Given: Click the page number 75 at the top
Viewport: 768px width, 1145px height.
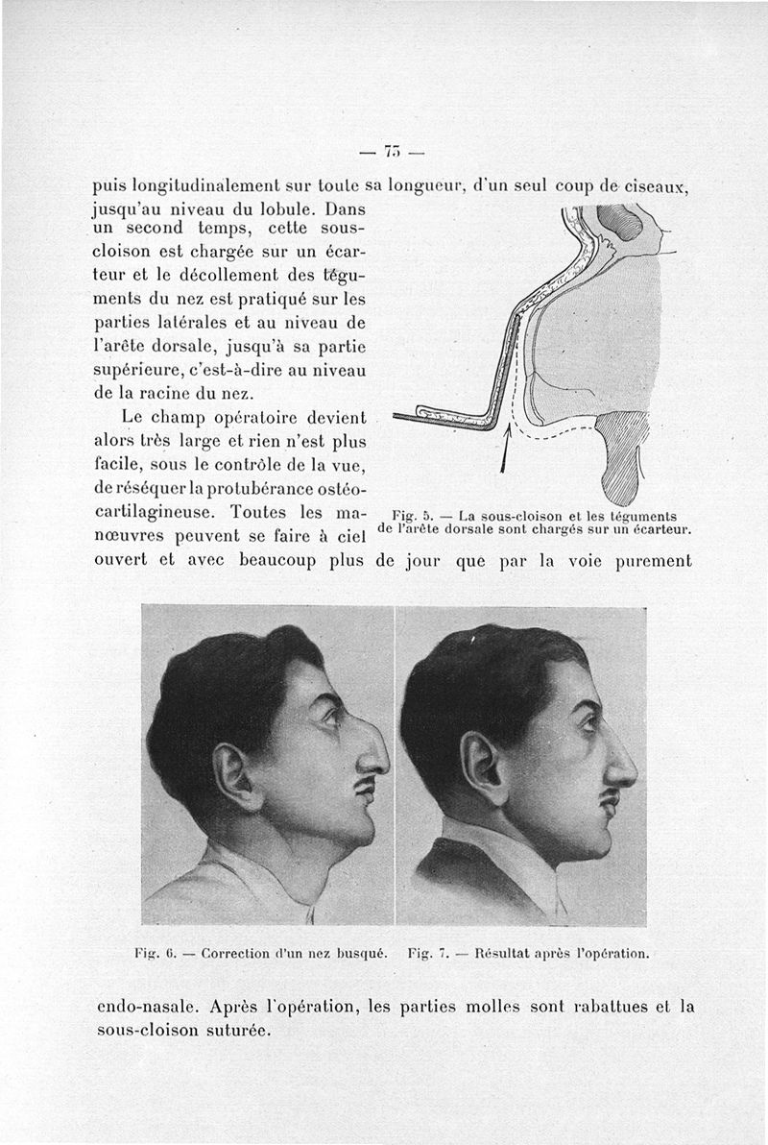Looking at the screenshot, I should (x=391, y=151).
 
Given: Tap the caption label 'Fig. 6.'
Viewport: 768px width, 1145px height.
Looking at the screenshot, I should (x=155, y=954).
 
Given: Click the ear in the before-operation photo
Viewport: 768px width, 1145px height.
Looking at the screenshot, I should (x=231, y=772).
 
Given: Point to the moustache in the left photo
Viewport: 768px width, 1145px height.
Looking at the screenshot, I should (x=363, y=790).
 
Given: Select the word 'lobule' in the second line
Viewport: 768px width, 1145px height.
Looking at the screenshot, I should (x=287, y=207).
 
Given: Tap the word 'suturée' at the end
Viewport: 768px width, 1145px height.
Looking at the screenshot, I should (x=238, y=1030).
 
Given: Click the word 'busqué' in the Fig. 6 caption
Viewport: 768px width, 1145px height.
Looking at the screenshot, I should (x=360, y=954).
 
